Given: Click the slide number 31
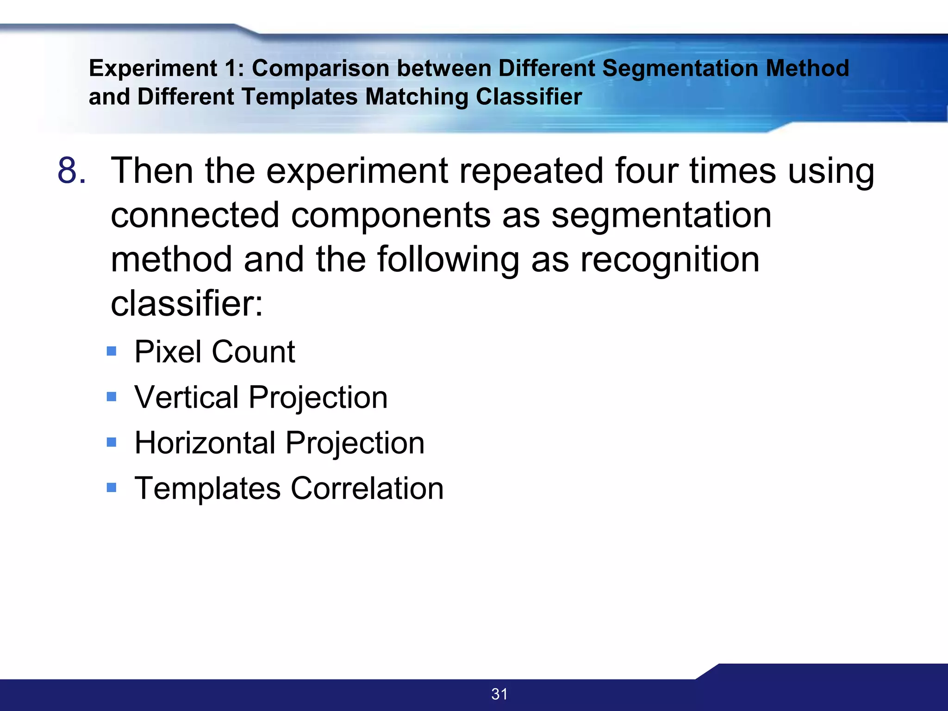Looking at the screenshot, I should (499, 694).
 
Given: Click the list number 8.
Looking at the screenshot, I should (72, 171).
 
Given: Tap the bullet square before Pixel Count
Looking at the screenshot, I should (112, 351).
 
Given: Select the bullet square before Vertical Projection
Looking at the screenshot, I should (112, 397).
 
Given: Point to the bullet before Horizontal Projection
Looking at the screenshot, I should (112, 442).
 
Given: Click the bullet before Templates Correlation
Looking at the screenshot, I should (112, 487).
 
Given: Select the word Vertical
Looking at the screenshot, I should (186, 397).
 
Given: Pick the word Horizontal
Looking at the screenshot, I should (206, 443).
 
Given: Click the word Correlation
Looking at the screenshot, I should (368, 488).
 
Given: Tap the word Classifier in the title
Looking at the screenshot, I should (529, 97).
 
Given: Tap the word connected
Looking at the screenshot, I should (195, 215).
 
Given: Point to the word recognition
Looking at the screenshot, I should (670, 260).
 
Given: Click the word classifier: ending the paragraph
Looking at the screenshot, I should (187, 304).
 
